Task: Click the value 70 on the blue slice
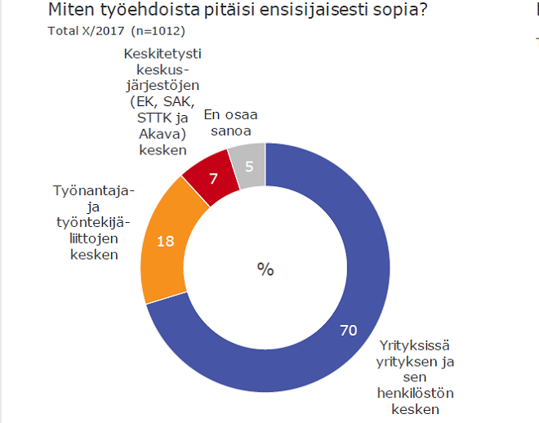(349, 330)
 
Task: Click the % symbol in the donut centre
(265, 269)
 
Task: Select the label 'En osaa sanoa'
(226, 122)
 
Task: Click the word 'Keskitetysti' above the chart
(163, 54)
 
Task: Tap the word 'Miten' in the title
(68, 11)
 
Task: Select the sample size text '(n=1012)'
(158, 31)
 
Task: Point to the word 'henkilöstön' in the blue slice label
(413, 394)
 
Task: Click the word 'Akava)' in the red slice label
(162, 134)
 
